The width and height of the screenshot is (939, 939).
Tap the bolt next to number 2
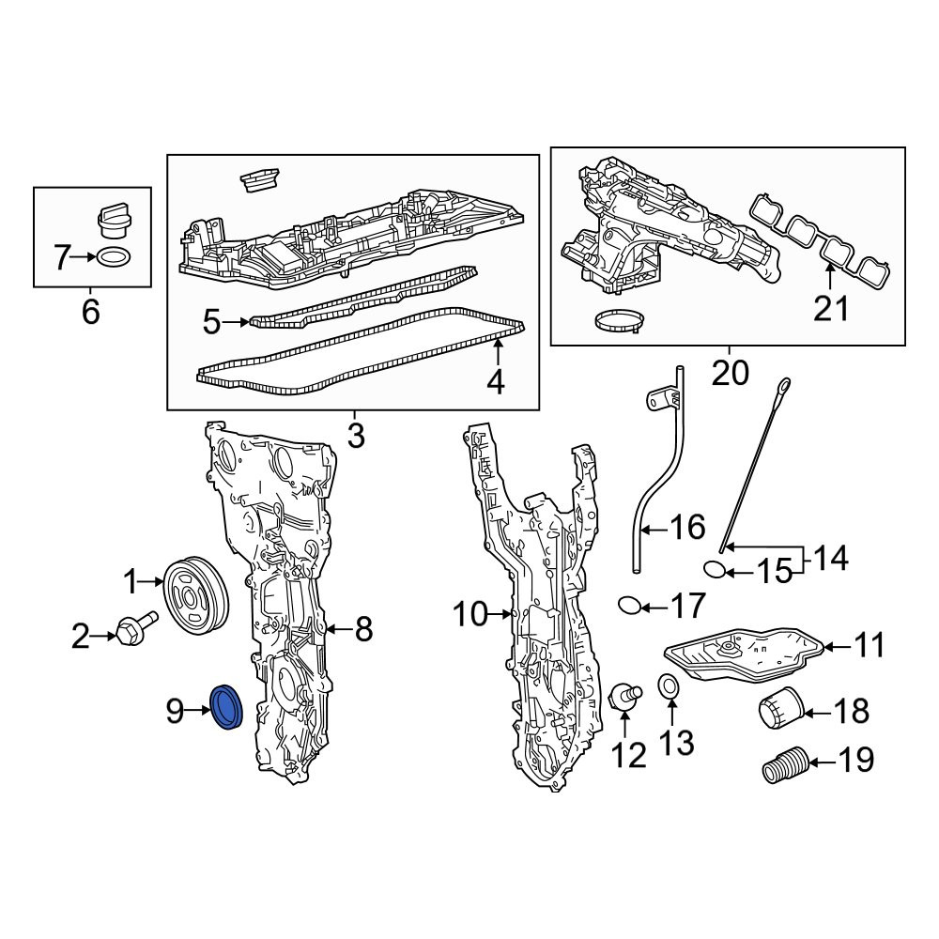(x=136, y=627)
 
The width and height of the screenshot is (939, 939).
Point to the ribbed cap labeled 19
(x=785, y=764)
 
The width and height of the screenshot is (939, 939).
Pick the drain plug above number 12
(x=624, y=698)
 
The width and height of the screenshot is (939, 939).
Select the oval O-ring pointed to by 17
(x=629, y=606)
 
